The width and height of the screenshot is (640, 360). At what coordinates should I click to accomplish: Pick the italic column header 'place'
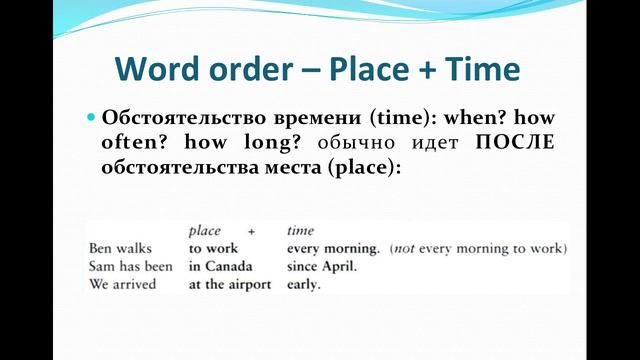pos(204,231)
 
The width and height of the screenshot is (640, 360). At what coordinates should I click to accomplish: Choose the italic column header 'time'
pos(300,231)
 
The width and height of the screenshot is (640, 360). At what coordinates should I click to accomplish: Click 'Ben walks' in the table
pos(117,249)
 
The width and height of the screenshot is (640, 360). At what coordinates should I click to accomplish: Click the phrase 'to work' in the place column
pos(209,249)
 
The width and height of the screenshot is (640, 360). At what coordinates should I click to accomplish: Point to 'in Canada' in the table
pos(220,266)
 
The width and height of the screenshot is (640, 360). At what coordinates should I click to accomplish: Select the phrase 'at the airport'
pos(230,284)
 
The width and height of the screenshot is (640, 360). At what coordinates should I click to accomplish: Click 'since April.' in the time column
pos(321,266)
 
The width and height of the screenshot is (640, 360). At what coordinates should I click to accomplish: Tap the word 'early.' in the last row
pos(303,284)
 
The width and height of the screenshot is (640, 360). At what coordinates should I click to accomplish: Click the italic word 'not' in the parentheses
pos(404,249)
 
